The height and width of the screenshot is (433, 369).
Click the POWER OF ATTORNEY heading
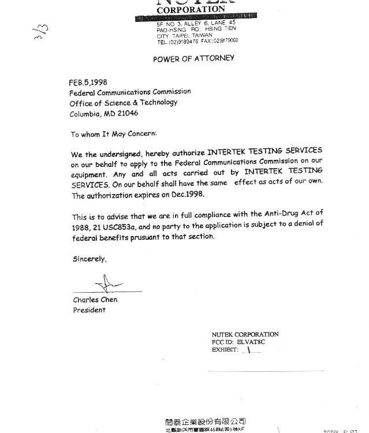193,59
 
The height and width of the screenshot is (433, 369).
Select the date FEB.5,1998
88,83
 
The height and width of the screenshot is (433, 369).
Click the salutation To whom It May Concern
113,134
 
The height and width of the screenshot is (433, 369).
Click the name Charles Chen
95,300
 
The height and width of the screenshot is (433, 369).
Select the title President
89,310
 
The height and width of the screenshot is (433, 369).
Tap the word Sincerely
90,259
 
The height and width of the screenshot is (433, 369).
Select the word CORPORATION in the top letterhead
191,10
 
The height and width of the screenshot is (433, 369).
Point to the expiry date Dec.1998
184,195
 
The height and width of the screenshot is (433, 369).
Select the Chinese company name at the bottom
205,421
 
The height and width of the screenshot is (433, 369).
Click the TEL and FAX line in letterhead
197,41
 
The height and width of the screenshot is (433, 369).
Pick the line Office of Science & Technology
123,102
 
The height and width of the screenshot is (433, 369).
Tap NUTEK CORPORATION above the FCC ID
245,334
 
